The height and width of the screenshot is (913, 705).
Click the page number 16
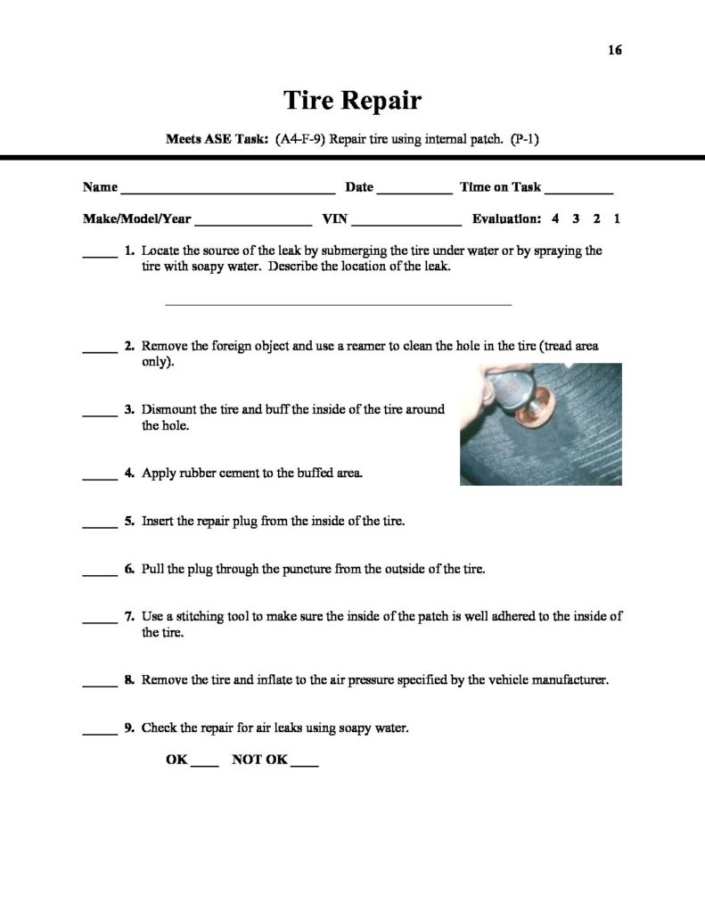[614, 50]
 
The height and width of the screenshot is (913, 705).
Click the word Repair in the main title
[377, 100]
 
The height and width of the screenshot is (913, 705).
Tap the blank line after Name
[227, 192]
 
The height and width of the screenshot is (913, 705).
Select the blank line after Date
[414, 192]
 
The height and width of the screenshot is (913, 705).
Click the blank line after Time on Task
[578, 192]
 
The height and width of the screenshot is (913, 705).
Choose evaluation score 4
[555, 218]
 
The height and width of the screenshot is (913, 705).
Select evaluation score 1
[617, 218]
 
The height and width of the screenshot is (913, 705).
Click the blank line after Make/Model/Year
[252, 223]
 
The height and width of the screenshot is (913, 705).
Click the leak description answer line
[339, 304]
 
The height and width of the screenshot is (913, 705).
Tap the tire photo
[540, 424]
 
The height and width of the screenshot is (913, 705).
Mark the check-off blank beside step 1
[100, 256]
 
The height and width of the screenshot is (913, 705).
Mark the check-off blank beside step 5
[100, 524]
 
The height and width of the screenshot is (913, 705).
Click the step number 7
[129, 616]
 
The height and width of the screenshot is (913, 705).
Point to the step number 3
[129, 410]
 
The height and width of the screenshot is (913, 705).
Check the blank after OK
[205, 765]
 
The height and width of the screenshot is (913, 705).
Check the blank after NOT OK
[305, 765]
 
